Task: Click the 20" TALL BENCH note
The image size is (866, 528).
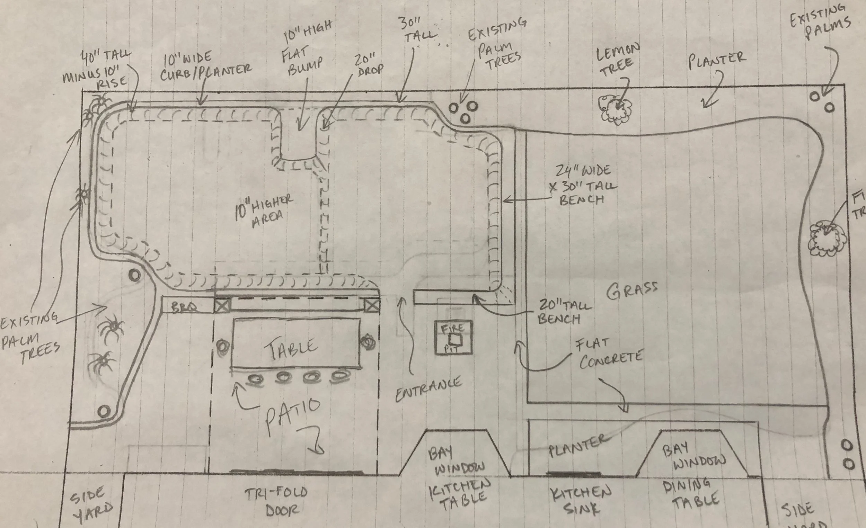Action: click(565, 311)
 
